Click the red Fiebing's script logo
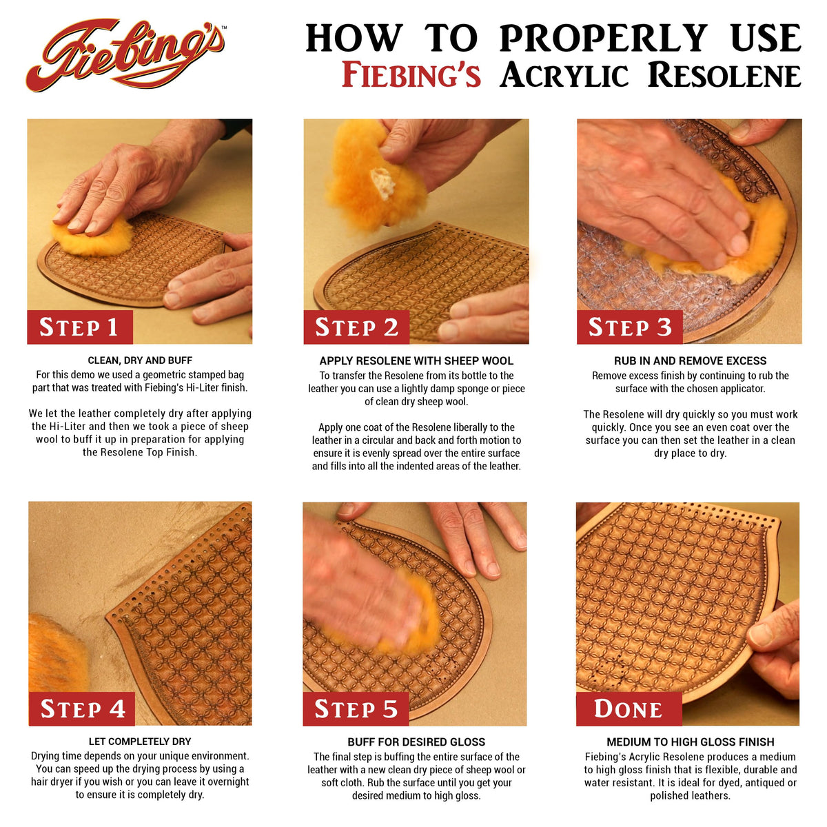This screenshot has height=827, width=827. click(125, 55)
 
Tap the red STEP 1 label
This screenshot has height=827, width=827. click(80, 327)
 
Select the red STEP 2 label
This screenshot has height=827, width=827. click(356, 327)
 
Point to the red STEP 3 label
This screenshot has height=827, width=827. click(630, 327)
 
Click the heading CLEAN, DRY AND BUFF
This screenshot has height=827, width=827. click(140, 360)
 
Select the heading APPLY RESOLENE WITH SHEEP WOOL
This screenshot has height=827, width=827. click(416, 360)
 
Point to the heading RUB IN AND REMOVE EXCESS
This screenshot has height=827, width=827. click(690, 360)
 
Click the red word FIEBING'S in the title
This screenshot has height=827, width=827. click(411, 74)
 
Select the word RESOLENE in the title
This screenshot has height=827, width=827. click(724, 74)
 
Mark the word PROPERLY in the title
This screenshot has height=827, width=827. click(604, 38)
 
